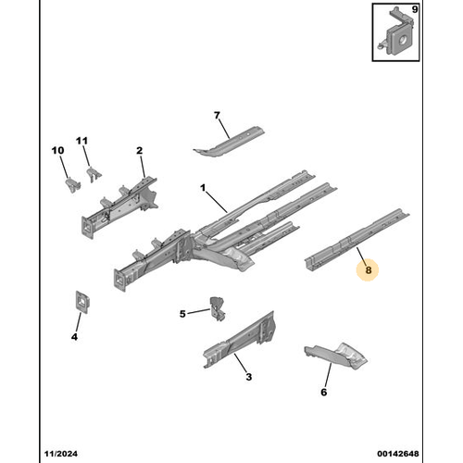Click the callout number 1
coord(203,188)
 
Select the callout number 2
coord(140,151)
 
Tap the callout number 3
coord(249,377)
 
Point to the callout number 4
coord(74,337)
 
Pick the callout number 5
coord(182,314)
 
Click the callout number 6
coord(323,392)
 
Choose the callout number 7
coord(217,115)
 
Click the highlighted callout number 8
coord(368,270)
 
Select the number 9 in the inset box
coord(415,9)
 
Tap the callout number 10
coord(58,151)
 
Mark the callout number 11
coord(81,141)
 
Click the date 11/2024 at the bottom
coord(61,454)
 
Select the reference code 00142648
coord(398,454)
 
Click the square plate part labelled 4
coord(82,302)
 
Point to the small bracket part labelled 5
coord(218,308)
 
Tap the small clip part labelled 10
coord(73,184)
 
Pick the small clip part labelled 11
coord(94,174)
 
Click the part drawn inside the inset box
coord(395,32)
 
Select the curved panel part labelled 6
coord(336,355)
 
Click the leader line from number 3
coord(241,363)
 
